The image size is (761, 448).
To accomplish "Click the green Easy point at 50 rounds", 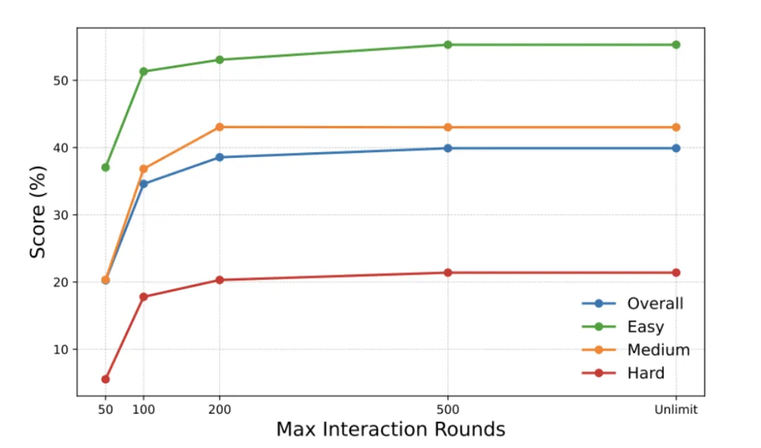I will point(106,167).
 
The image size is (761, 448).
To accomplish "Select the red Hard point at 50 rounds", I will point(106,379).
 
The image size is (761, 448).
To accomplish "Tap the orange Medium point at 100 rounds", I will point(144,169).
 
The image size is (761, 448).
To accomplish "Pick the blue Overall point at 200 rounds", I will point(220,157).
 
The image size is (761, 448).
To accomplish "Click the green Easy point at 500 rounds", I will point(448,44).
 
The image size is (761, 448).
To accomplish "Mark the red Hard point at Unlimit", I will point(676,273).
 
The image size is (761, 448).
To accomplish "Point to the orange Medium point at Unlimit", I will point(676,127).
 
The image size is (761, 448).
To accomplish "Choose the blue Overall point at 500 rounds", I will point(448,148).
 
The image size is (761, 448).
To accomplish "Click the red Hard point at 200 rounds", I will point(220,280).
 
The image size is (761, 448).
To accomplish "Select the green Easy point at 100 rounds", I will point(144,71).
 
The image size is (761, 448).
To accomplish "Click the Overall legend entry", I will point(655,304).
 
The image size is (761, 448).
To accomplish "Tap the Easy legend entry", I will point(645,327).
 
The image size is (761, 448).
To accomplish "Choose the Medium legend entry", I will point(658,350).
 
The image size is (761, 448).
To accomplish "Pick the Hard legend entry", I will point(645,373).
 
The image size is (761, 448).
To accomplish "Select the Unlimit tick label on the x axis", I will point(676,410).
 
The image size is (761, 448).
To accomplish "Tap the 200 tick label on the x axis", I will point(220,410).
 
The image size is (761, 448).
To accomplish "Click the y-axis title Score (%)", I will point(38,212).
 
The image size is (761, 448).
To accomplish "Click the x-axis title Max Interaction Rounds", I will point(390,430).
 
